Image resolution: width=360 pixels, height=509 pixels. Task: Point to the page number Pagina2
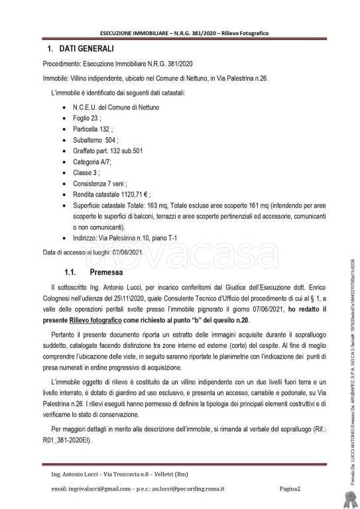click(290, 489)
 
